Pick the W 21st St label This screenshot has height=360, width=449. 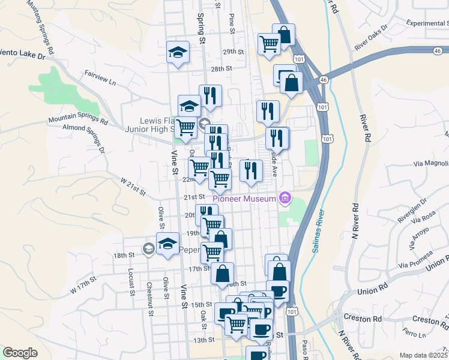133,187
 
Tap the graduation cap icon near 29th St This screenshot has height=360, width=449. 178,52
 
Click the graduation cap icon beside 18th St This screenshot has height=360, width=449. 167,244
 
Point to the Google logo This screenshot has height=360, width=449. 20,353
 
